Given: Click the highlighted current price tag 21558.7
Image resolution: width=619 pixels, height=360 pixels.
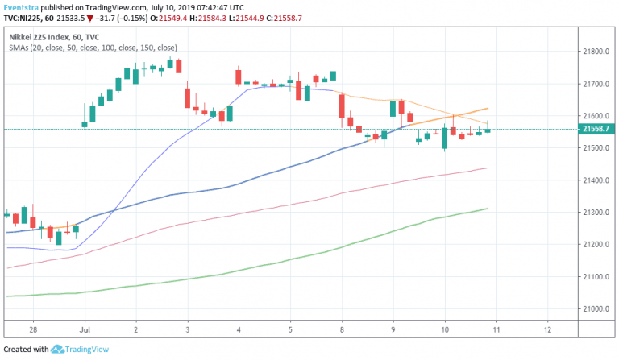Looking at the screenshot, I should pyautogui.click(x=597, y=129).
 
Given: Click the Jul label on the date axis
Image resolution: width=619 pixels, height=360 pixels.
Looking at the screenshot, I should pyautogui.click(x=84, y=330).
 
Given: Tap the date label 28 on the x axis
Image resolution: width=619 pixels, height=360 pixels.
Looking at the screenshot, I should pyautogui.click(x=31, y=330).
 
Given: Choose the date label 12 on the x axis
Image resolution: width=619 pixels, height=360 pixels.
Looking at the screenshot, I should pyautogui.click(x=547, y=330).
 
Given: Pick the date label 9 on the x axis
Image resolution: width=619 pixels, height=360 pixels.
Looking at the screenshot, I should pyautogui.click(x=393, y=330).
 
